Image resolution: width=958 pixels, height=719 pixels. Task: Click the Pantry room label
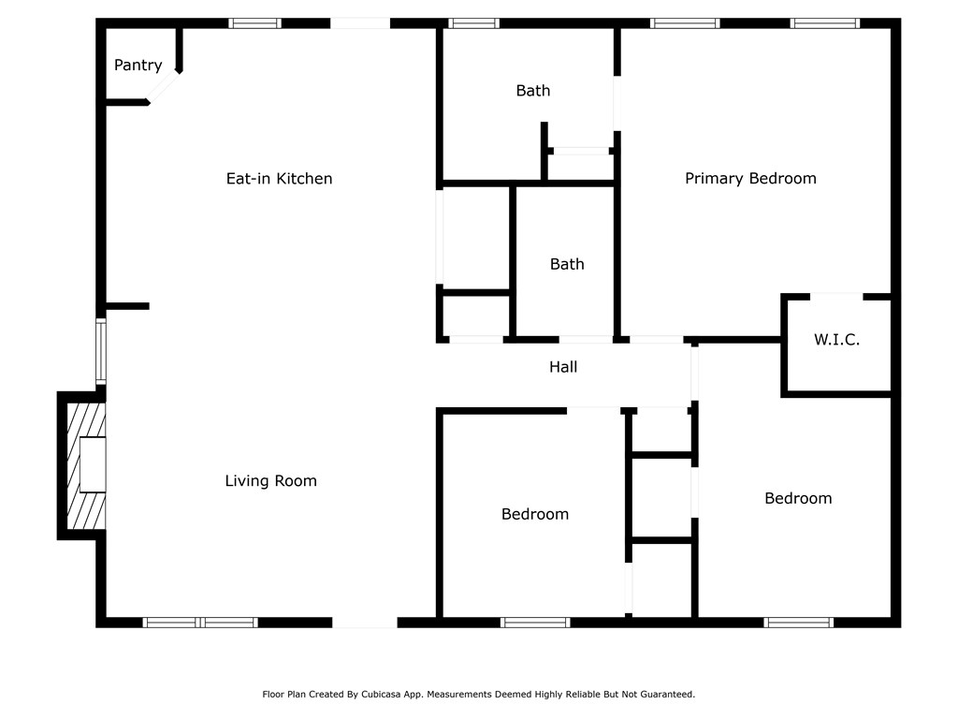point(138,66)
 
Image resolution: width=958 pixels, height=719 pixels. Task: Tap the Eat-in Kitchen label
point(279,179)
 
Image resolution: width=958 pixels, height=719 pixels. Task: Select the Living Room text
point(270,481)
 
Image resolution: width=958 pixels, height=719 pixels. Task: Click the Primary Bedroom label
point(750,179)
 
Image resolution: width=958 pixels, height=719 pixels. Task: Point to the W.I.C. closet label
point(836,340)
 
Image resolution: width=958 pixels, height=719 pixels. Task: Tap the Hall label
point(563,367)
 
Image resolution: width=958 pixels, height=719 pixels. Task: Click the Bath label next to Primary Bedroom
point(533,91)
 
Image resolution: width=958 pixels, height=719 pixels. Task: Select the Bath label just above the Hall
point(567,264)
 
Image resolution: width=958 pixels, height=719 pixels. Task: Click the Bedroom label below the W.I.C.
point(798,498)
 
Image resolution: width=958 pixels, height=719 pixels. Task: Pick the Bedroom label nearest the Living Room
point(535,514)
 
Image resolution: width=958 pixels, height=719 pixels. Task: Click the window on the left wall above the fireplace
point(101,351)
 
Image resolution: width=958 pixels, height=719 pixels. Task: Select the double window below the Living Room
point(200,622)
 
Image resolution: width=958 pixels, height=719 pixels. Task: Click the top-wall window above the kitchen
point(254,23)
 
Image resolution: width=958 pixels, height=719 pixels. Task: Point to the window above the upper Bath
point(473,23)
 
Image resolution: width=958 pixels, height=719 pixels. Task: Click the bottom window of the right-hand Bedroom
point(798,622)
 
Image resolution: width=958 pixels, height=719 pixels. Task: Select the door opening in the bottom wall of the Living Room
point(365,622)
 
